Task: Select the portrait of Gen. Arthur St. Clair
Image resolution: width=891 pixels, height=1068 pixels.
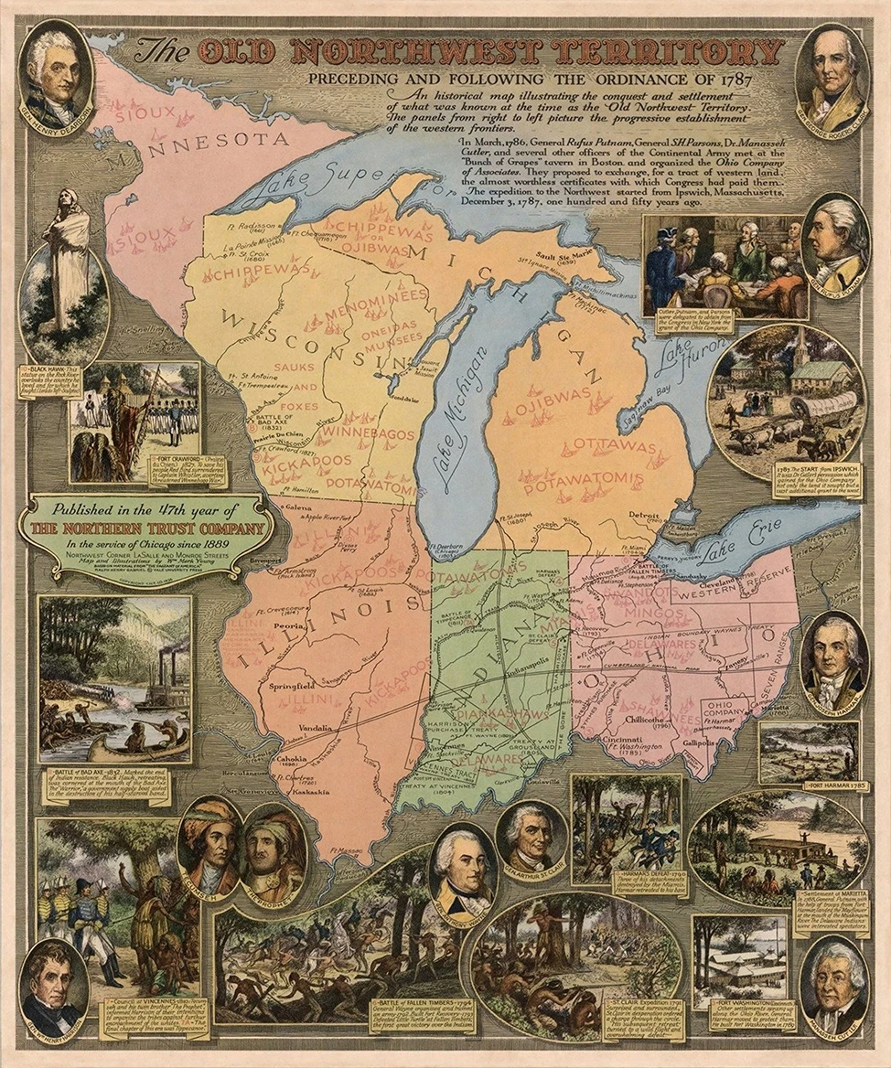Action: [531, 837]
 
